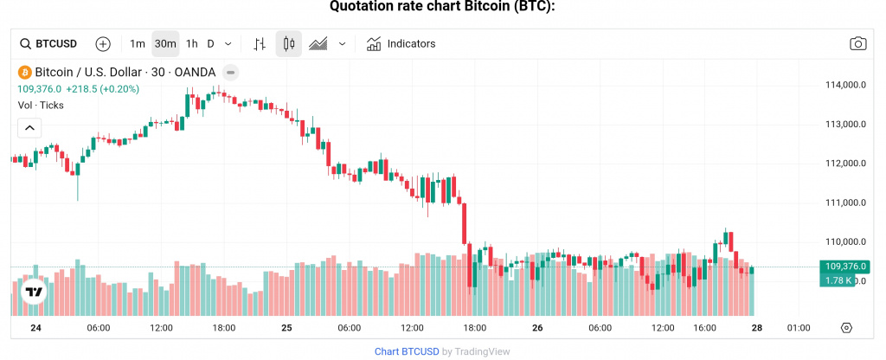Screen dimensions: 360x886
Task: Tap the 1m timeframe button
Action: (x=138, y=43)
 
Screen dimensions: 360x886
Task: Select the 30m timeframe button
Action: (x=165, y=43)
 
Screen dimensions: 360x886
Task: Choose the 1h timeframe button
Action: (x=192, y=43)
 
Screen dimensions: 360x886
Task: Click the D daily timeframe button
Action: (x=210, y=43)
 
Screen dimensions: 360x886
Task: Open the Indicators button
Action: (x=401, y=43)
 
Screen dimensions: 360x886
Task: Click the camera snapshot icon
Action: (x=857, y=43)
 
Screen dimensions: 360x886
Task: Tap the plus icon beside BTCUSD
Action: (x=103, y=43)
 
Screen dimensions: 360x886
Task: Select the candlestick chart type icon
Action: (x=289, y=43)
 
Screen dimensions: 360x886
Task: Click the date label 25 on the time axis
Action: (x=286, y=328)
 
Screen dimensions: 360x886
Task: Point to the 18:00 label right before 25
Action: (x=224, y=328)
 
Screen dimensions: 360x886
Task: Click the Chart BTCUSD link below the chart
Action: (x=406, y=351)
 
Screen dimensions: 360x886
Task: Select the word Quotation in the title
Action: (x=363, y=7)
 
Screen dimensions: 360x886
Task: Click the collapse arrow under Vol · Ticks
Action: (x=29, y=128)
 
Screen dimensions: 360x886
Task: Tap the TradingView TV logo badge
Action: (x=33, y=292)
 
